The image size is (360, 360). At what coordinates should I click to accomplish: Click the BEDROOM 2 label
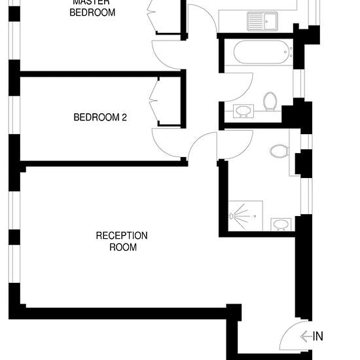tap(100, 118)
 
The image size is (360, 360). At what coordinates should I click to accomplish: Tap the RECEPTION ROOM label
tap(122, 241)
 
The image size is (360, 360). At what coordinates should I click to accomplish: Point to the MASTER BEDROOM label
tap(92, 8)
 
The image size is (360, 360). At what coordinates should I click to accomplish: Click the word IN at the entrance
tap(318, 336)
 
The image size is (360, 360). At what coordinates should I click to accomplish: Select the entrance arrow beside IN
tap(306, 336)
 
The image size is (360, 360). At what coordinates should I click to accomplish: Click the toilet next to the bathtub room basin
tap(270, 101)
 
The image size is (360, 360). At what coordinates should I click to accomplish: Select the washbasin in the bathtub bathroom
tap(243, 111)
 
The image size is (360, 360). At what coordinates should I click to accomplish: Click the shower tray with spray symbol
tap(243, 213)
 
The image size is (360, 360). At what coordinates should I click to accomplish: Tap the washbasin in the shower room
tap(281, 225)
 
